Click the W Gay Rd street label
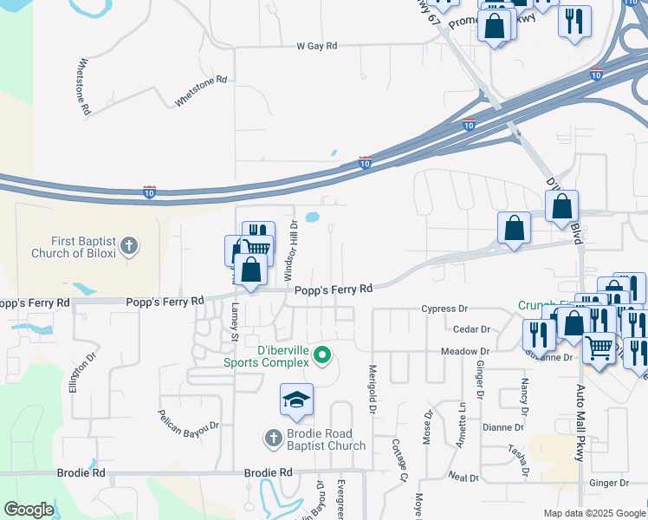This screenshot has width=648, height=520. [315, 45]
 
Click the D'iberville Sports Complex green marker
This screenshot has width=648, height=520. [322, 354]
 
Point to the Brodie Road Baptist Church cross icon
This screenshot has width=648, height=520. [273, 438]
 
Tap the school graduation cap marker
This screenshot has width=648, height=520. [295, 400]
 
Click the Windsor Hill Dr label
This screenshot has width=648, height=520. [292, 250]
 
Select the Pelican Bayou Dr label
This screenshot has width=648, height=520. [189, 417]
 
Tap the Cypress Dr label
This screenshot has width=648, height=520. [444, 309]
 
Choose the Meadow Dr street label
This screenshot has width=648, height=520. [465, 352]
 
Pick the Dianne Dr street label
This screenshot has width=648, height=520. [503, 427]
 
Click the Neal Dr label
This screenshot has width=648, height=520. [464, 477]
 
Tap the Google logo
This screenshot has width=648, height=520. [29, 510]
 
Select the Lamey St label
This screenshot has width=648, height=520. [235, 317]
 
